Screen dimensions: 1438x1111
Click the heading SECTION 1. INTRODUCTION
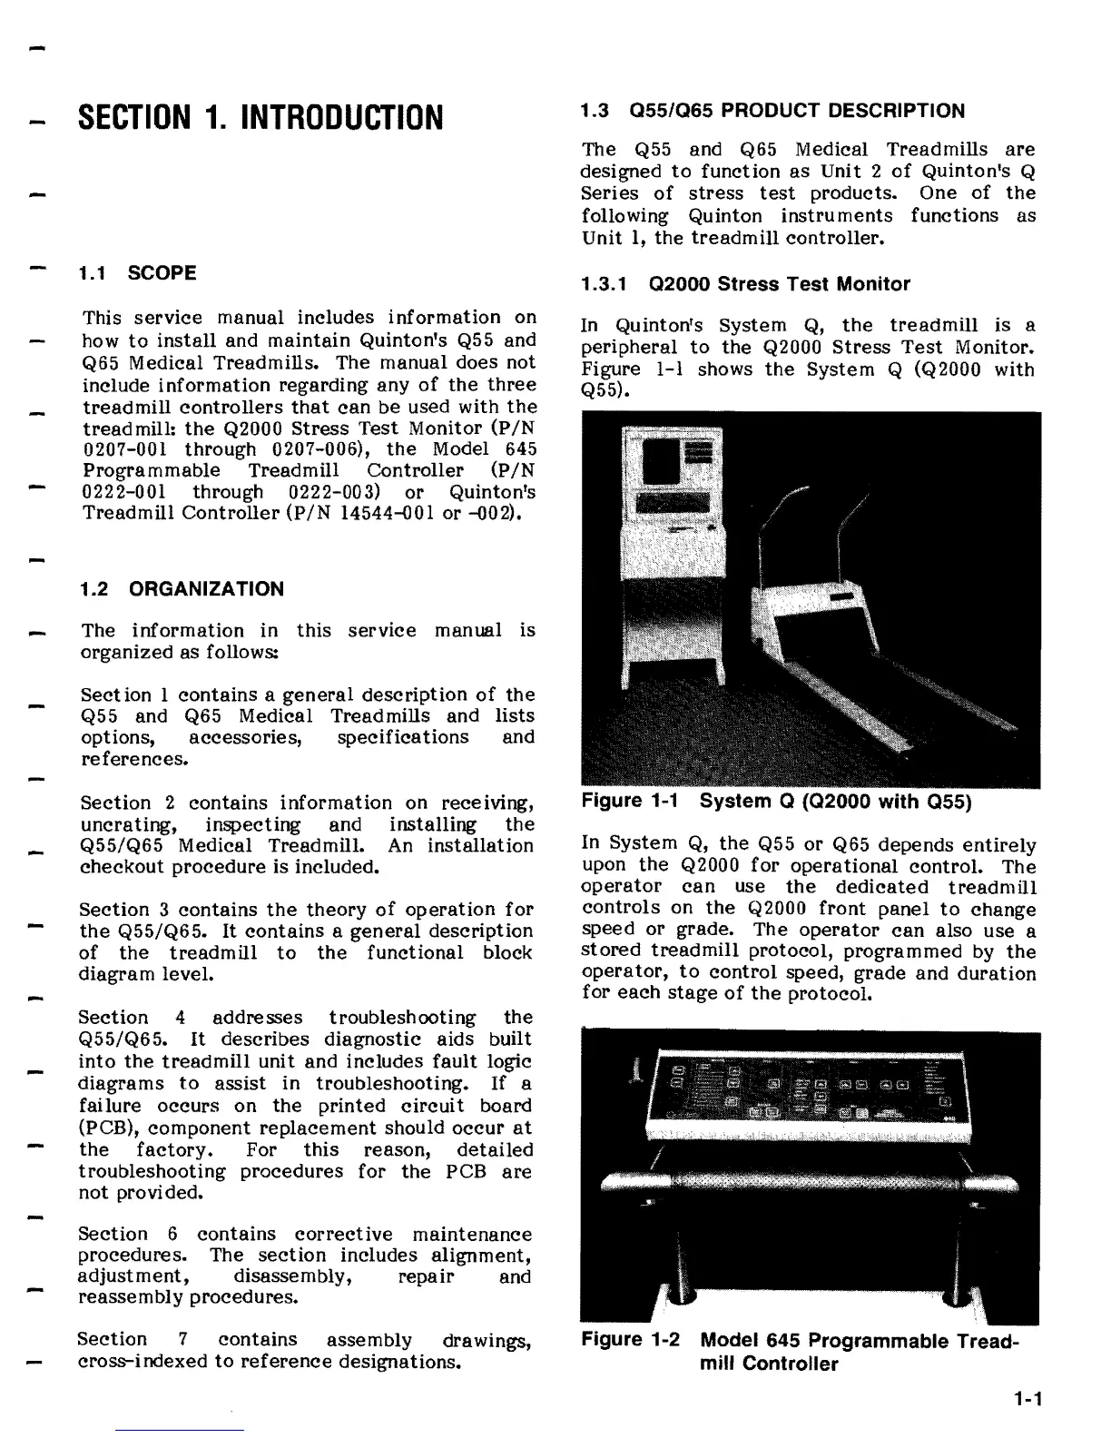point(261,117)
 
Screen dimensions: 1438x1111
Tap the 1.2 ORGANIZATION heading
point(182,589)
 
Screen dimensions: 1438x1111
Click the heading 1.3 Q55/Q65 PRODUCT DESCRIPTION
point(772,112)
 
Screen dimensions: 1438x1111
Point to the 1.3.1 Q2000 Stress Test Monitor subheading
point(745,284)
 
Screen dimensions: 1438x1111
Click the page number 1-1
point(1028,1399)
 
